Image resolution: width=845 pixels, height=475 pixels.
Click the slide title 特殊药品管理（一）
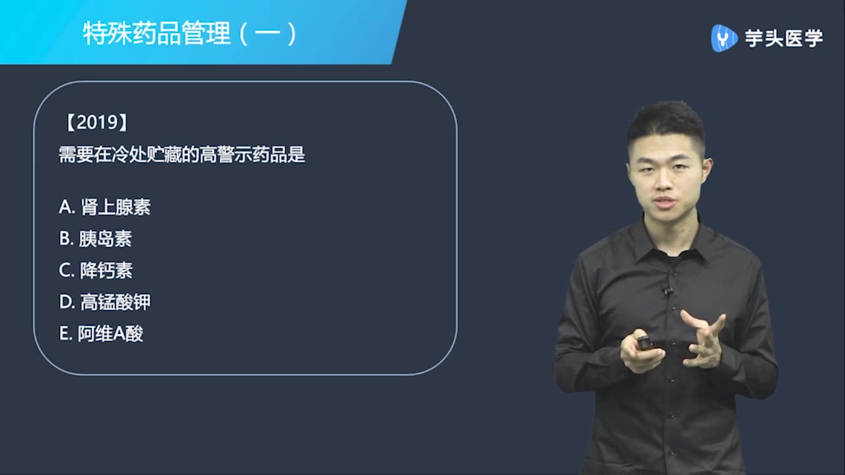click(189, 34)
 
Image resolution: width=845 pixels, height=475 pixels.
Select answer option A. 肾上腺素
click(105, 207)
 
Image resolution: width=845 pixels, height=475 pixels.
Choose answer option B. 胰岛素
click(96, 239)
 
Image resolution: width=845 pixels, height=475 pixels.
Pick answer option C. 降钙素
click(96, 270)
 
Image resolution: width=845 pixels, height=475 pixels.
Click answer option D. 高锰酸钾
click(105, 302)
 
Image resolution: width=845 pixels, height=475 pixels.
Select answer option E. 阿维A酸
click(101, 334)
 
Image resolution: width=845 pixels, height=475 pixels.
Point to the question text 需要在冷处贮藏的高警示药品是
click(182, 155)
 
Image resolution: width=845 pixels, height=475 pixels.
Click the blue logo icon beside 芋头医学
click(724, 38)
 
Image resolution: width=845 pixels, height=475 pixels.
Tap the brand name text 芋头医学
click(784, 38)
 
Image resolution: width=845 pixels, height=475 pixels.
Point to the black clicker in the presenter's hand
click(644, 343)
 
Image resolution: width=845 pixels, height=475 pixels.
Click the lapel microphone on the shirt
click(668, 290)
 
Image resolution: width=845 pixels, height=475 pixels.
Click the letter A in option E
click(119, 334)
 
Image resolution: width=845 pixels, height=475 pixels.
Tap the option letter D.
click(66, 302)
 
